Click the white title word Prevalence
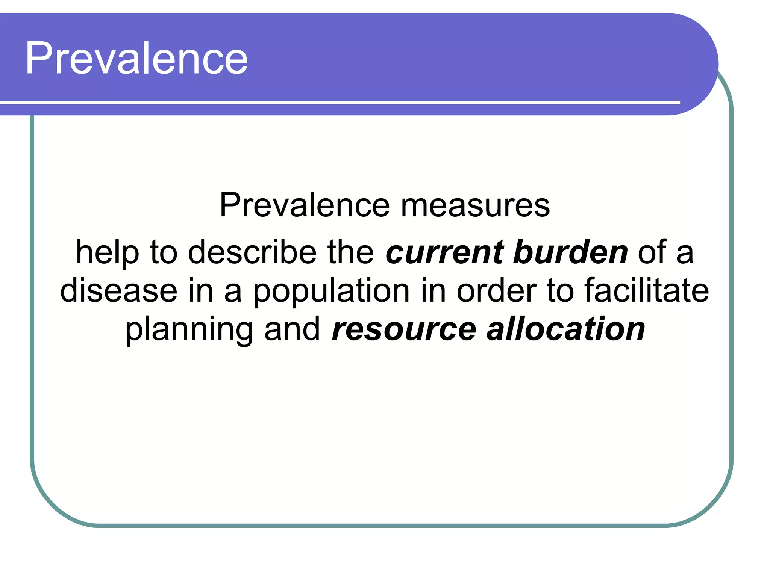(136, 58)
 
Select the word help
(107, 252)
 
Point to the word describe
(252, 252)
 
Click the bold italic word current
(444, 252)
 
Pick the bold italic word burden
(570, 252)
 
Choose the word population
(331, 291)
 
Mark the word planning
(189, 329)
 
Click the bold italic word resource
(404, 329)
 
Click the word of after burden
(652, 252)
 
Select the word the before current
(350, 252)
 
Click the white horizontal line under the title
(338, 102)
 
